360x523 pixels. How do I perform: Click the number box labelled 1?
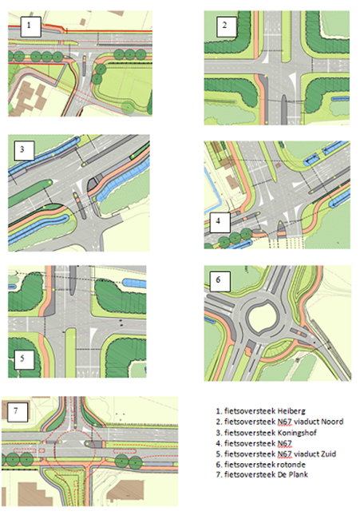[30, 26]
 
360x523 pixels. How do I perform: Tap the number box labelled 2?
[227, 26]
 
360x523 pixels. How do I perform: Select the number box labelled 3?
[24, 150]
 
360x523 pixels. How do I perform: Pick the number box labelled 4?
[220, 222]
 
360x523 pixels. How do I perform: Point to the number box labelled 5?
[24, 359]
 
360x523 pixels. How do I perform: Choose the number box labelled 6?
[220, 281]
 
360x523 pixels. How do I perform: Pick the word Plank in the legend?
[299, 474]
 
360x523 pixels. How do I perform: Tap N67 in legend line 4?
[285, 443]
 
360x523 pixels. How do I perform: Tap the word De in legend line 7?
[282, 474]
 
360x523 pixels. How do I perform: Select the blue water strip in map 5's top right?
[135, 283]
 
